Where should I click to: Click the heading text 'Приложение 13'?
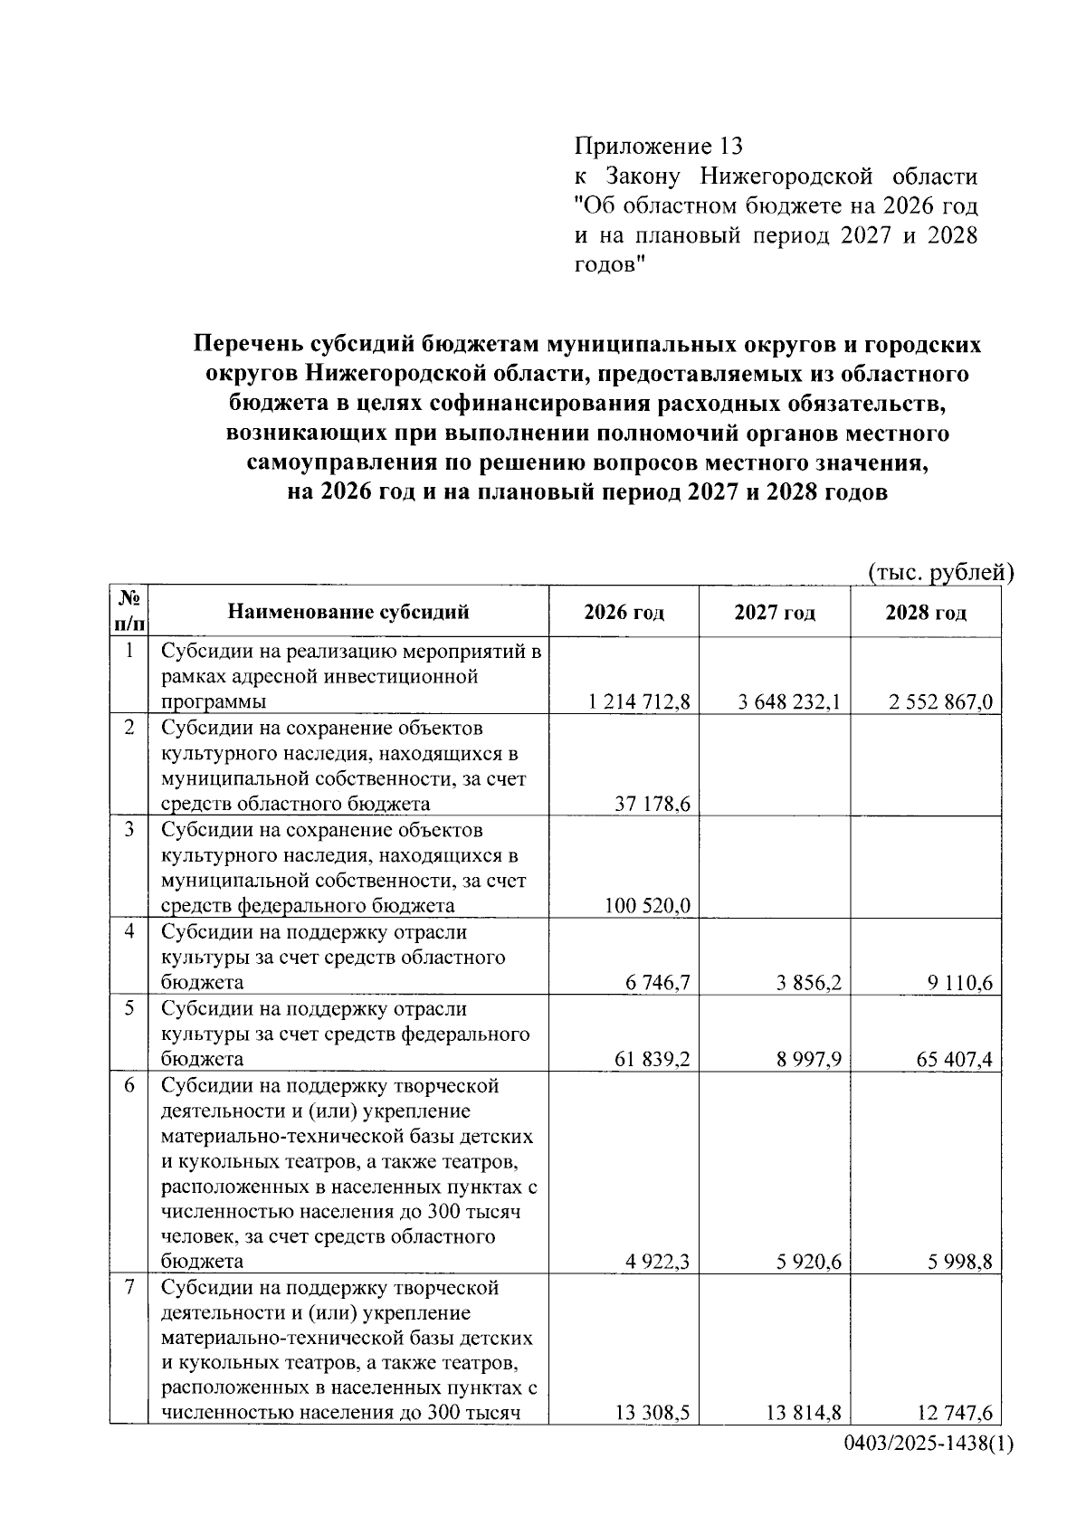pyautogui.click(x=658, y=146)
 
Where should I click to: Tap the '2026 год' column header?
pyautogui.click(x=624, y=613)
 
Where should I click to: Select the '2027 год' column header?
pyautogui.click(x=774, y=613)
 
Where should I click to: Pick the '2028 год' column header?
pyautogui.click(x=925, y=613)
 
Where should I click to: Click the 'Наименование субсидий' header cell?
pyautogui.click(x=348, y=613)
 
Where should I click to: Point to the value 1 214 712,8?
pyautogui.click(x=638, y=701)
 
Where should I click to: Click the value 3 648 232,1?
pyautogui.click(x=789, y=701)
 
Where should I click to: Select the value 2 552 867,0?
pyautogui.click(x=940, y=701)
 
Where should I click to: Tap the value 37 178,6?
pyautogui.click(x=653, y=804)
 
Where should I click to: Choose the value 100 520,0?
pyautogui.click(x=647, y=905)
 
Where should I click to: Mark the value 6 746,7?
pyautogui.click(x=657, y=982)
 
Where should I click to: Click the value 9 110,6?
pyautogui.click(x=959, y=982)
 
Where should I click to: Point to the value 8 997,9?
pyautogui.click(x=808, y=1059)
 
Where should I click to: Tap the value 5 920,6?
pyautogui.click(x=808, y=1261)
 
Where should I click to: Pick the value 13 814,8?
pyautogui.click(x=804, y=1413)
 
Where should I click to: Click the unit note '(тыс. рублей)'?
pyautogui.click(x=940, y=573)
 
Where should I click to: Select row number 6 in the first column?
pyautogui.click(x=129, y=1085)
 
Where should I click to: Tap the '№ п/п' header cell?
pyautogui.click(x=129, y=611)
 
